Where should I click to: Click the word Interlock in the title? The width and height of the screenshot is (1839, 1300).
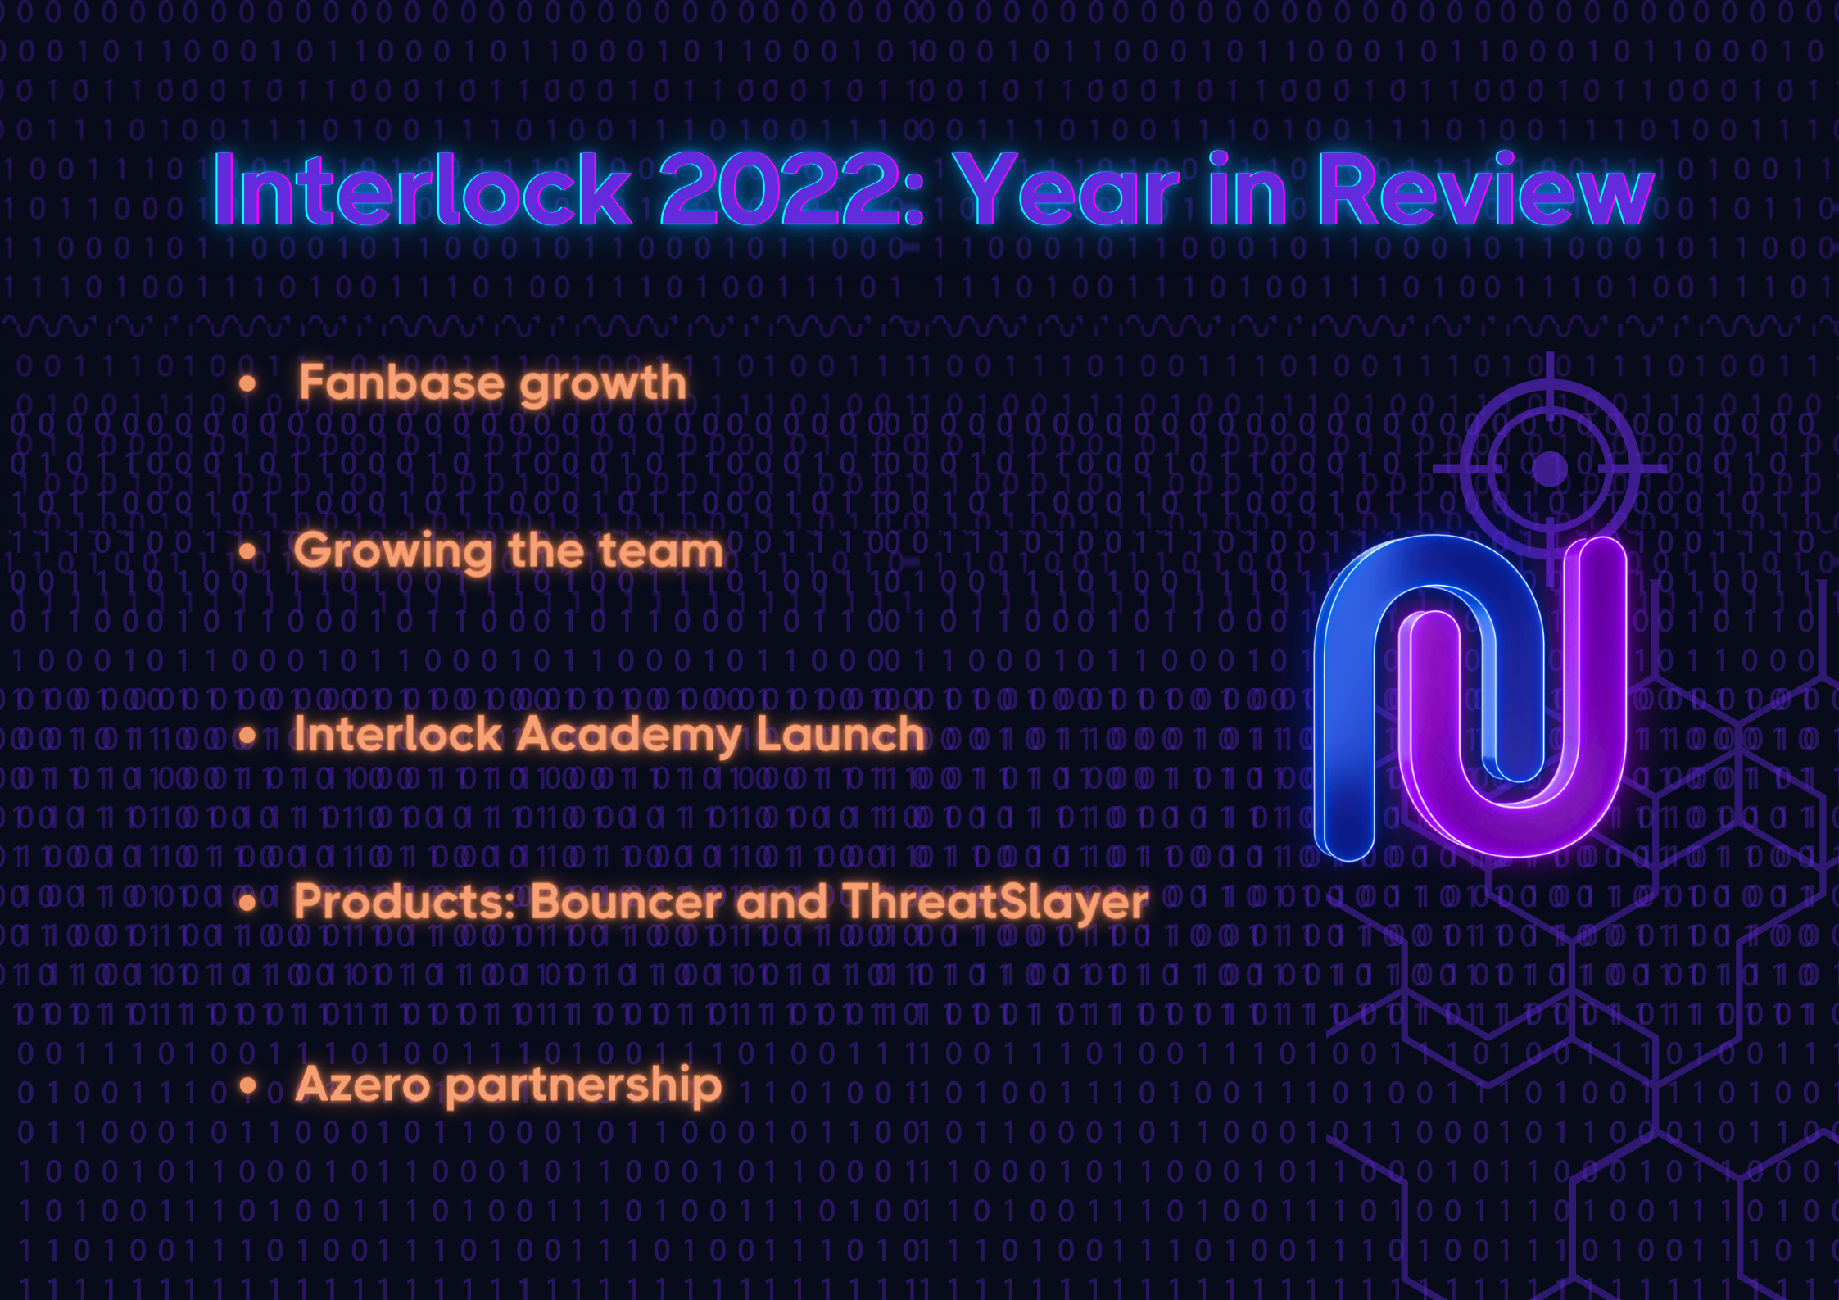[x=422, y=189]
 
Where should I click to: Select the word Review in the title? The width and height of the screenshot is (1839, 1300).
[x=1487, y=189]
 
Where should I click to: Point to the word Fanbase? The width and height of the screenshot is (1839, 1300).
[x=401, y=383]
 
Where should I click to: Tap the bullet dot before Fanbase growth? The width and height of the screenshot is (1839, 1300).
[x=247, y=383]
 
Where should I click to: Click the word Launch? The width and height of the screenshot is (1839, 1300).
[x=840, y=734]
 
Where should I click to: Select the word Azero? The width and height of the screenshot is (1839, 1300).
[x=363, y=1085]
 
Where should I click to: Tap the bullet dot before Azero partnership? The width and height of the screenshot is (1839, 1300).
[x=248, y=1086]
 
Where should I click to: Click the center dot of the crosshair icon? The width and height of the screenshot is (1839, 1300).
[x=1549, y=469]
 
